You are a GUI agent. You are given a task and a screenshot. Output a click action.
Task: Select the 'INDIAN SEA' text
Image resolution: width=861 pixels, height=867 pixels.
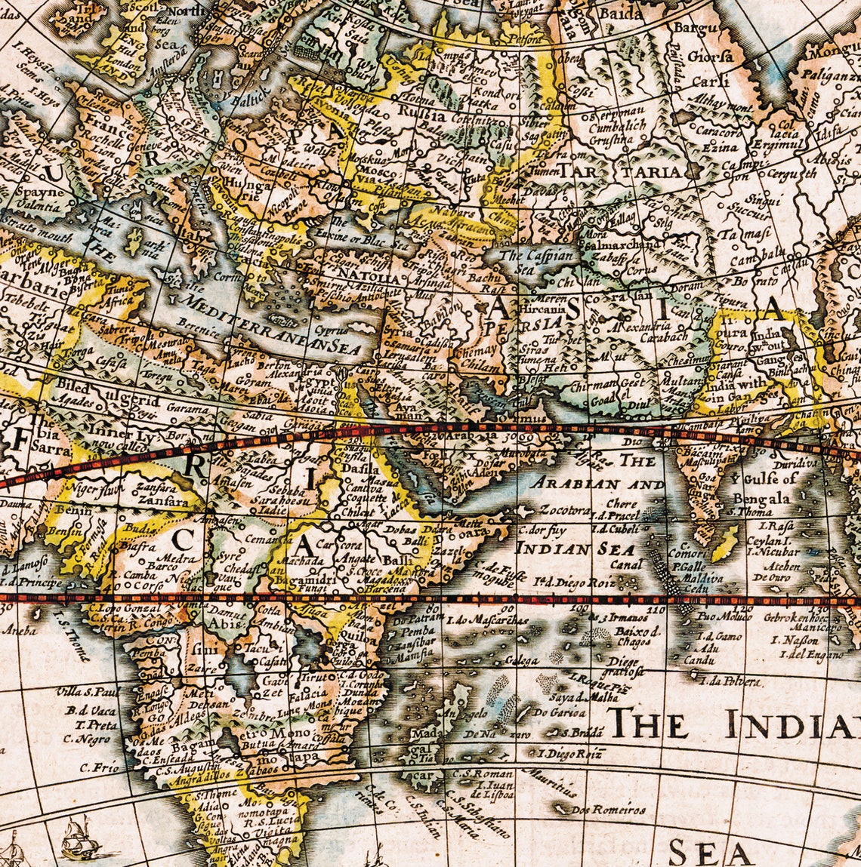(x=575, y=549)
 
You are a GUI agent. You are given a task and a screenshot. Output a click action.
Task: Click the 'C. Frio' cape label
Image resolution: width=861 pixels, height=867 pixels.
(x=100, y=767)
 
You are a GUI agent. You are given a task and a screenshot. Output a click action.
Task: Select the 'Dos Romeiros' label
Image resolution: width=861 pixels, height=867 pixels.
(x=609, y=810)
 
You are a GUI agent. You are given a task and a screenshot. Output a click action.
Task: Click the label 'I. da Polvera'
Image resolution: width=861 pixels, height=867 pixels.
(x=730, y=681)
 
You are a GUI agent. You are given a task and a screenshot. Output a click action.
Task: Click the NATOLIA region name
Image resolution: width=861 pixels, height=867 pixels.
(x=368, y=275)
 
